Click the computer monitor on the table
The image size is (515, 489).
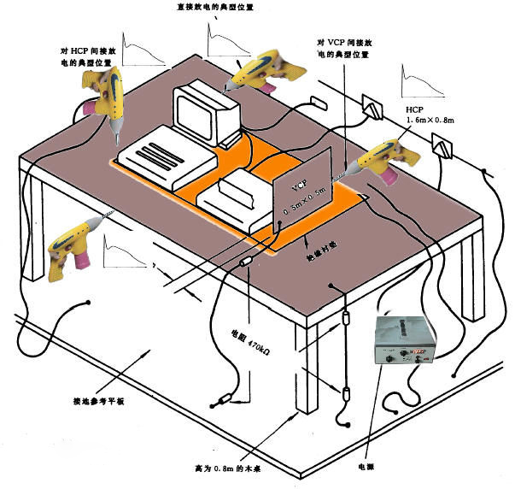coord(205,112)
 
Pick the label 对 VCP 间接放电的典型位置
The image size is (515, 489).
coord(342,48)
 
